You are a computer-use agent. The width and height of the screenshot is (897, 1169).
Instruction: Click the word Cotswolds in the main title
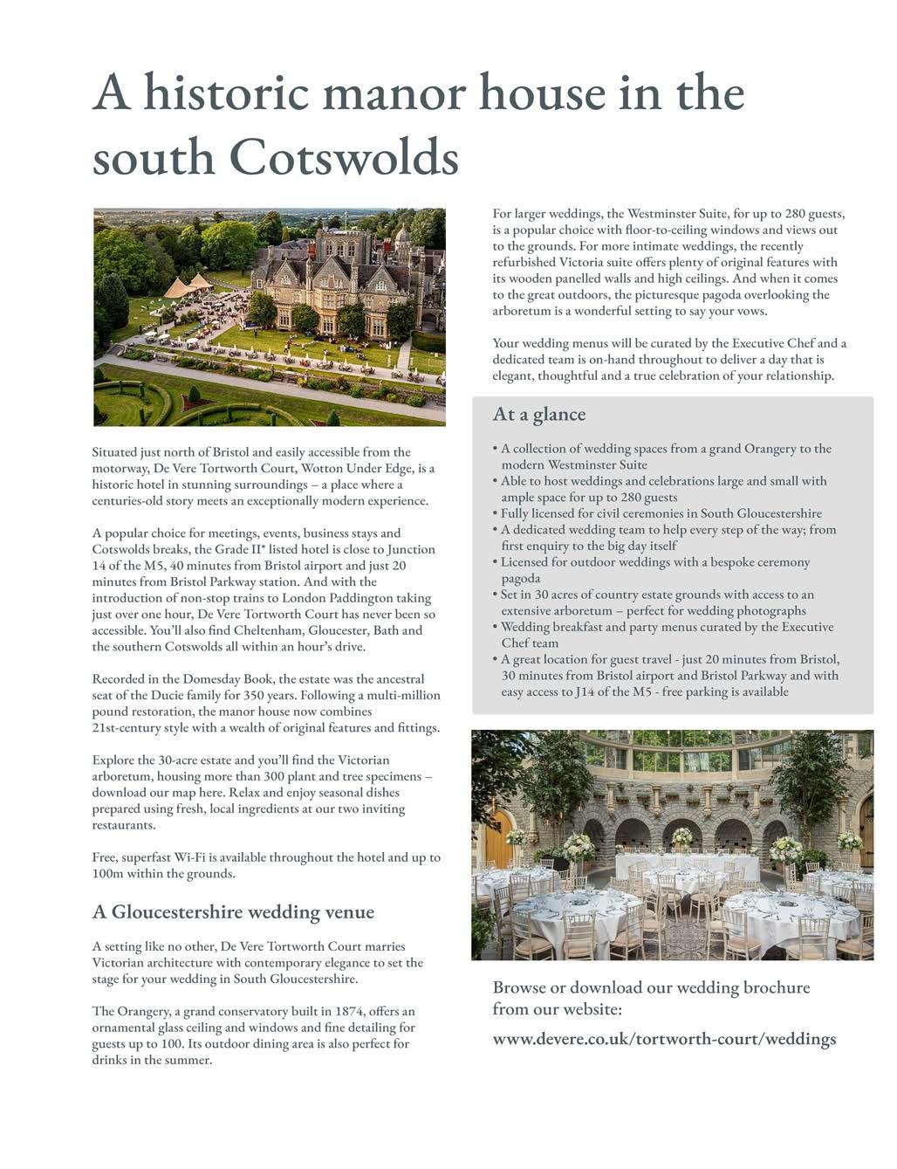pos(344,158)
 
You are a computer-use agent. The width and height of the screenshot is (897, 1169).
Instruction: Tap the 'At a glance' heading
pos(538,414)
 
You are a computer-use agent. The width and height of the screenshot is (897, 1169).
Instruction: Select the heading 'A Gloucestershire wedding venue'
pos(233,911)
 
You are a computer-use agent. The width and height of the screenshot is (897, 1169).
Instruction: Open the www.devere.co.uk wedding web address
pos(664,1038)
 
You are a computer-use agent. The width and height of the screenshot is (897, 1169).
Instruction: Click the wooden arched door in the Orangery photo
pos(497,839)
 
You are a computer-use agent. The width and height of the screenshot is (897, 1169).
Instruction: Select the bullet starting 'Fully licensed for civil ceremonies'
pos(661,513)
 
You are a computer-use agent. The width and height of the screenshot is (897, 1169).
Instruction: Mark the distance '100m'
pos(109,873)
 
